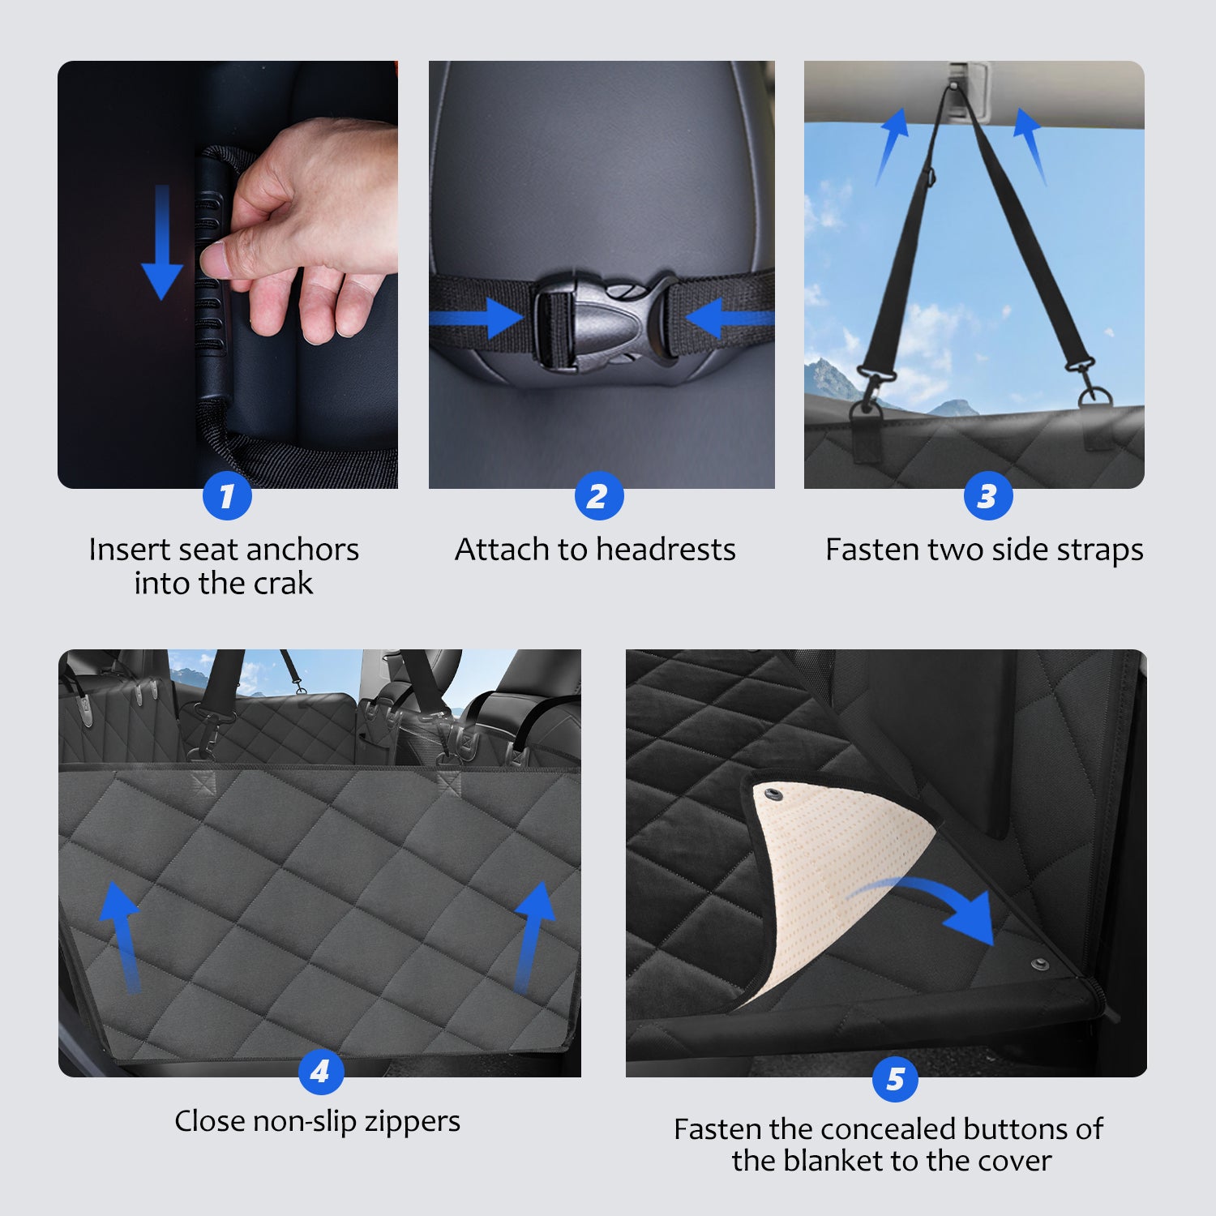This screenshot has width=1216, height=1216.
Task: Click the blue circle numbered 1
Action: pos(227,496)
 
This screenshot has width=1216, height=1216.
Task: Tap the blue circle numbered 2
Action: pos(599,496)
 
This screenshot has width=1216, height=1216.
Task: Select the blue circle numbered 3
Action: pos(988,496)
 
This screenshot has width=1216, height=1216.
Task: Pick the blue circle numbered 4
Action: pos(321,1072)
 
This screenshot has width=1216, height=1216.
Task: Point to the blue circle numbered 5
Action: pos(895,1079)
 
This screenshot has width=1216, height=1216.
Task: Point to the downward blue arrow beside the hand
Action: pos(162,242)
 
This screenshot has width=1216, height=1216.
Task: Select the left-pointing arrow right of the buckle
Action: pos(730,317)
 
